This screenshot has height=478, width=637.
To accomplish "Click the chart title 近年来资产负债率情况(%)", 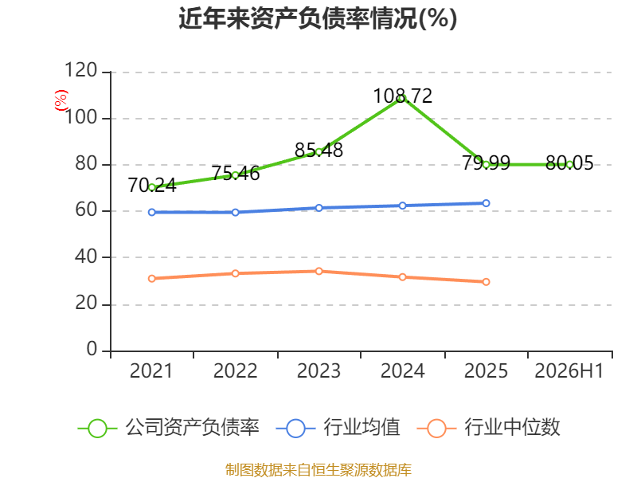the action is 318,18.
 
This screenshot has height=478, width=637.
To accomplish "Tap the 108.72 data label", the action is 403,96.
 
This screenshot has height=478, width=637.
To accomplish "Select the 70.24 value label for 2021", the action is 152,186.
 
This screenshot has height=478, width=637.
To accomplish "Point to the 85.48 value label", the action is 319,150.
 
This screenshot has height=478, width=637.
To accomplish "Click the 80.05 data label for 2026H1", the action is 569,163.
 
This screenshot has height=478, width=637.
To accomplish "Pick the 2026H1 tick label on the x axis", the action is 569,370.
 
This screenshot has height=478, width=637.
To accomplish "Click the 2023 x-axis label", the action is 319,370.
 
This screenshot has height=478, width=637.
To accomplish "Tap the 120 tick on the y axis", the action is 81,70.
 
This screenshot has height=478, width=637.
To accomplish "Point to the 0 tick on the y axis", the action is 92,349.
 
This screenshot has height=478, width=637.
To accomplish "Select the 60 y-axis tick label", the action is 86,210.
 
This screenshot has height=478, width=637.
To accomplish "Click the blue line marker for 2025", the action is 486,203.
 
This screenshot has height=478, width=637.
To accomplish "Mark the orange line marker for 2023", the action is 319,271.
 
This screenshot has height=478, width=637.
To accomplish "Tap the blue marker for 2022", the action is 235,212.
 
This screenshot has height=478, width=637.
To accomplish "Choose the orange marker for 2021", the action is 152,278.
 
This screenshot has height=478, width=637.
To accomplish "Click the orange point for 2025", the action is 486,282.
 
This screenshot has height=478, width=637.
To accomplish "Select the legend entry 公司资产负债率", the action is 168,428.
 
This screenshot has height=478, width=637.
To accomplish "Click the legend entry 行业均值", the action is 338,428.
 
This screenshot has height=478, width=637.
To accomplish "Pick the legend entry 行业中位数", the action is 488,428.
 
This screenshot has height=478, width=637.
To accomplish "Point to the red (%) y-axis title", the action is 61,100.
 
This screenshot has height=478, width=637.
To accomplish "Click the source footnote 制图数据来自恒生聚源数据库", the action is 318,469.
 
